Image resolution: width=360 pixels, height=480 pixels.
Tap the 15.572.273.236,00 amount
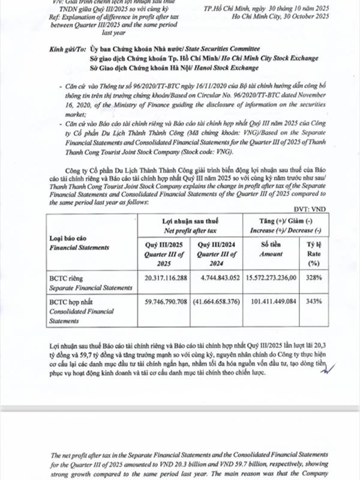[x=274, y=278]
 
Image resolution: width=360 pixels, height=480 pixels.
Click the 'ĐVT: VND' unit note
[x=331, y=211]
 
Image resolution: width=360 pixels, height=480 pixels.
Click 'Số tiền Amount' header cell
[x=272, y=250]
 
